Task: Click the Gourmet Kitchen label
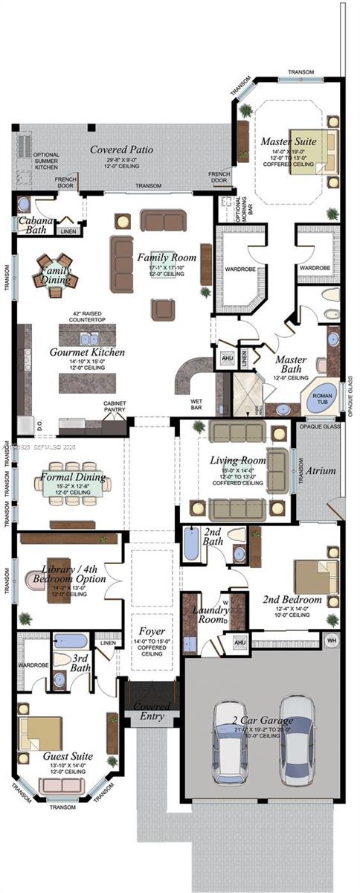pyautogui.click(x=88, y=352)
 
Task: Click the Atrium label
pyautogui.click(x=320, y=470)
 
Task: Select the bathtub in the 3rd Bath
pyautogui.click(x=71, y=641)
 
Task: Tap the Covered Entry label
pyautogui.click(x=152, y=711)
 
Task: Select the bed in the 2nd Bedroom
pyautogui.click(x=317, y=576)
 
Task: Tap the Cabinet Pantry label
pyautogui.click(x=114, y=407)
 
